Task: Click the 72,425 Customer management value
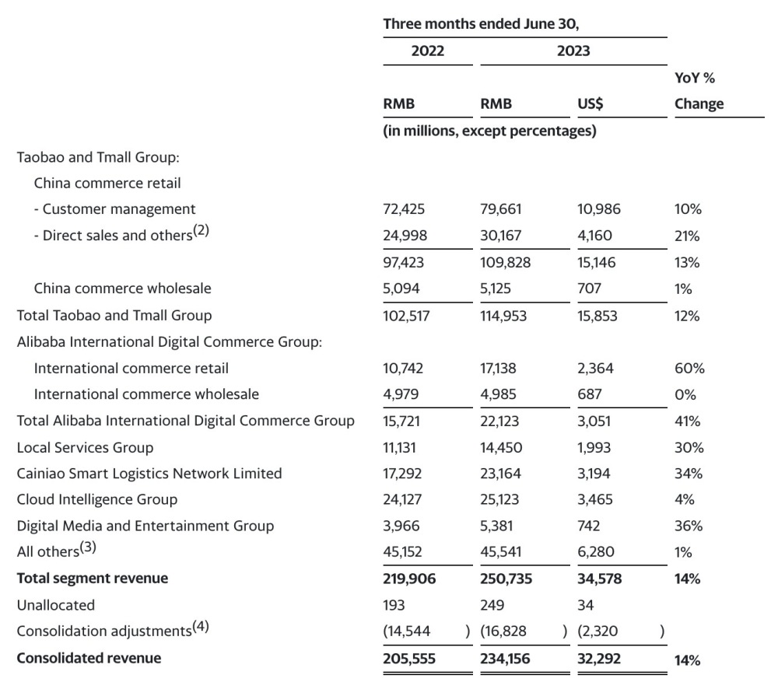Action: tap(404, 209)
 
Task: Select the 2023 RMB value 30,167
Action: tap(502, 236)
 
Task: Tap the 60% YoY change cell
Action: tap(688, 369)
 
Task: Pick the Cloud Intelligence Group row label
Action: tap(97, 499)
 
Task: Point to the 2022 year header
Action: tap(427, 51)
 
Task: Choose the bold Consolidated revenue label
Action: tap(89, 658)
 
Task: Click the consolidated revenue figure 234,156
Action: tap(506, 659)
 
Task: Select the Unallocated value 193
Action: tap(394, 605)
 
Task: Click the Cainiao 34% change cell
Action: tap(689, 474)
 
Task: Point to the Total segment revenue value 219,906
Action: tap(409, 579)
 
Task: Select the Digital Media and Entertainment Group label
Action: tap(145, 526)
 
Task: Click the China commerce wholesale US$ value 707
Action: tap(590, 289)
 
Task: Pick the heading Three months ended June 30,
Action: tap(482, 24)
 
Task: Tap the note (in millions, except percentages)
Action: tap(489, 131)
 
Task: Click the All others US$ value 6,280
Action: tap(595, 553)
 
